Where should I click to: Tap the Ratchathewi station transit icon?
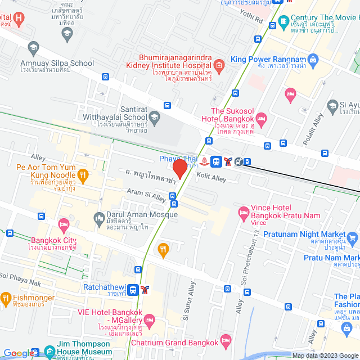click(x=133, y=290)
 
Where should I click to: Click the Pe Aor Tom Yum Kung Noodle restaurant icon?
click(x=83, y=175)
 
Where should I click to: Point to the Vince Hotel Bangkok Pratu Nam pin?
click(x=243, y=212)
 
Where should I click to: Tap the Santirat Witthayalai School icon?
click(x=155, y=116)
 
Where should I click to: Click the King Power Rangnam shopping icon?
click(x=313, y=59)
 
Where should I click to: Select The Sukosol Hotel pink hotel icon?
click(x=261, y=118)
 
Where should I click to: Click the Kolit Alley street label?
click(x=211, y=178)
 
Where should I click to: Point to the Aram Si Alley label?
click(x=146, y=195)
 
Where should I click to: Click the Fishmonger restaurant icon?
click(x=6, y=298)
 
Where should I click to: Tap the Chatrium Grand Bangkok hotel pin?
click(x=226, y=340)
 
